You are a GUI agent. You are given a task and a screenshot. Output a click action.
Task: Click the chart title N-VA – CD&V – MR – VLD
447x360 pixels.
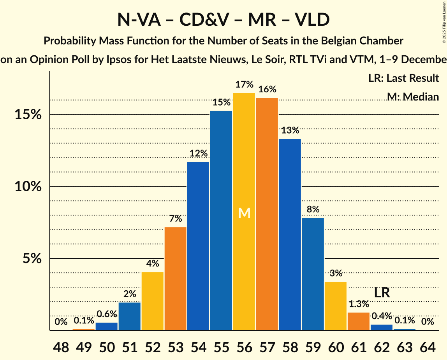pyautogui.click(x=223, y=19)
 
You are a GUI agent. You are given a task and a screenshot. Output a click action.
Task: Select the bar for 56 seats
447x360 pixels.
pyautogui.click(x=244, y=212)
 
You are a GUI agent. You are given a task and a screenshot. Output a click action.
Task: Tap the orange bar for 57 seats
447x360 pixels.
pyautogui.click(x=267, y=214)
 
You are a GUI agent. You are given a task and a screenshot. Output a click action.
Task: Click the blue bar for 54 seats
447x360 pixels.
pyautogui.click(x=198, y=246)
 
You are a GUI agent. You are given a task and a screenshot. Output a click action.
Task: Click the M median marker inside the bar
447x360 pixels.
pyautogui.click(x=244, y=213)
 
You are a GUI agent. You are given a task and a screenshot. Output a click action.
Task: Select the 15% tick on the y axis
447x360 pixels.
pyautogui.click(x=28, y=115)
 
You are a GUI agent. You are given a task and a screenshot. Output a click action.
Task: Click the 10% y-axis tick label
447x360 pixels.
pyautogui.click(x=28, y=187)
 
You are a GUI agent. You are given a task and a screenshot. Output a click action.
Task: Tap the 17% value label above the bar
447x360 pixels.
pyautogui.click(x=244, y=85)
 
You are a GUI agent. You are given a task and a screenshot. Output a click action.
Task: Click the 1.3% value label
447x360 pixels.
pyautogui.click(x=359, y=304)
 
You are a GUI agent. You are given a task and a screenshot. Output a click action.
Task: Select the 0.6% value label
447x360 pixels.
pyautogui.click(x=107, y=314)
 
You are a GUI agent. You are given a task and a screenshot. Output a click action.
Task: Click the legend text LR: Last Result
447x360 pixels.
pyautogui.click(x=403, y=78)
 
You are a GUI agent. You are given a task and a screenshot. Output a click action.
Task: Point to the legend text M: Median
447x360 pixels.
pyautogui.click(x=413, y=97)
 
